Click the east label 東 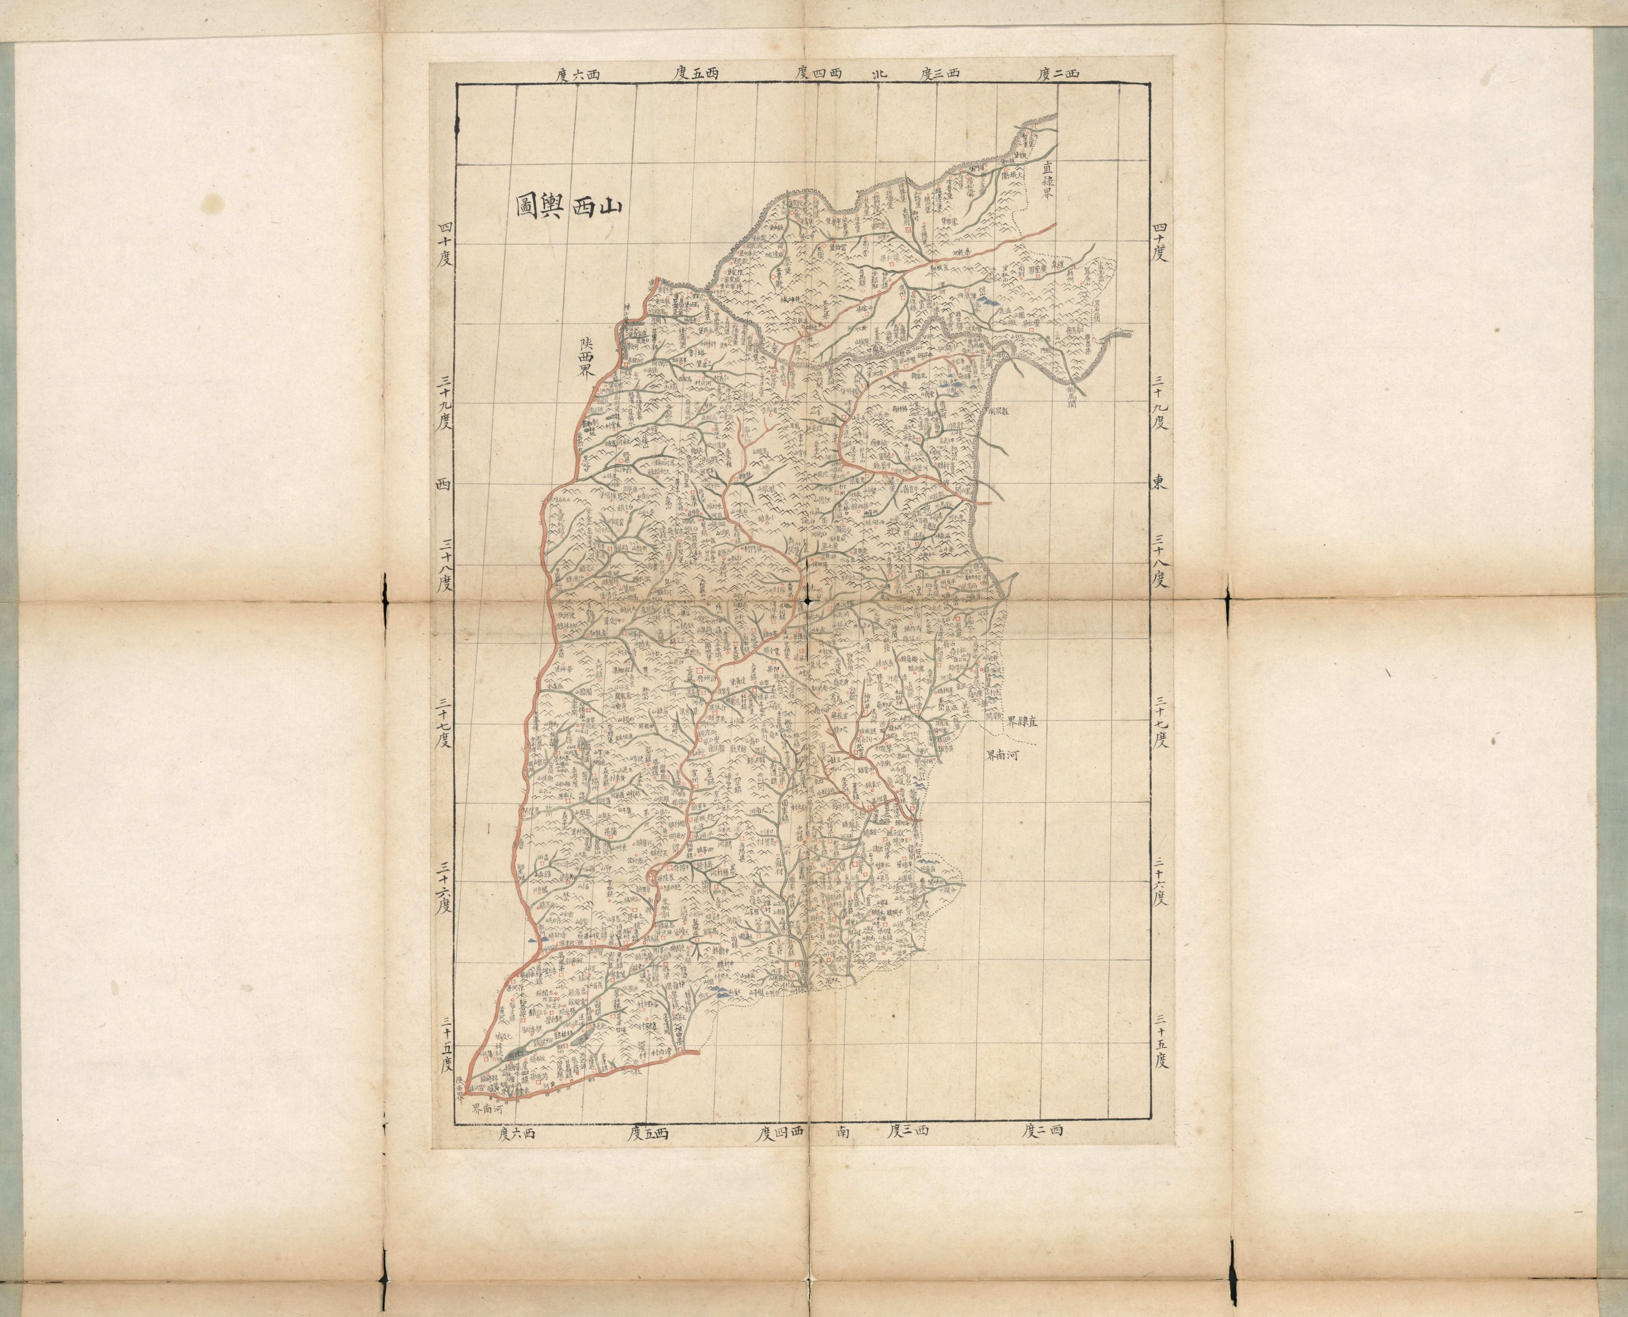tap(1159, 482)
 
